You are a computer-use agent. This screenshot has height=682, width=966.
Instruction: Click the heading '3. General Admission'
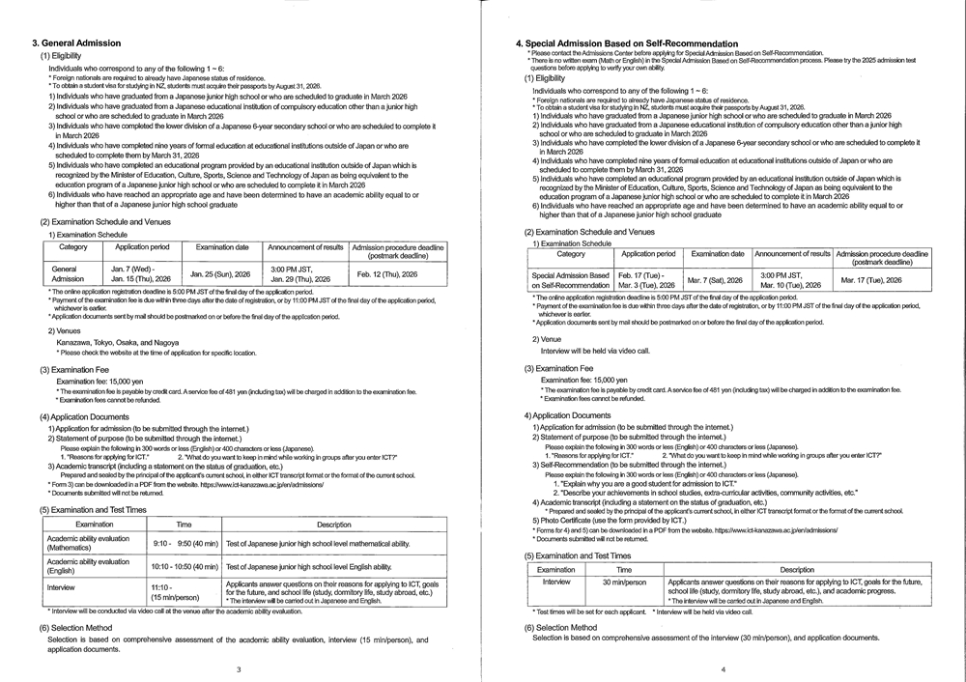(76, 43)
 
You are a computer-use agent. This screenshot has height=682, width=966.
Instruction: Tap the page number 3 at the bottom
(239, 668)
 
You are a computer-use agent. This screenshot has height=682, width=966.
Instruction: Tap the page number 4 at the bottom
(723, 668)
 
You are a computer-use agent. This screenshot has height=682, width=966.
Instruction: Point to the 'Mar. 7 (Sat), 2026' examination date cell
(716, 279)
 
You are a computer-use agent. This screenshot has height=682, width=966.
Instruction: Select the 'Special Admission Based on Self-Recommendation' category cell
(571, 279)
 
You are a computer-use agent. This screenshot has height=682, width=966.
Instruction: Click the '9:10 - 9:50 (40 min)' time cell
(185, 544)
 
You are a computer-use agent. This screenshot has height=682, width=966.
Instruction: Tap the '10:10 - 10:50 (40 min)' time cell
(185, 567)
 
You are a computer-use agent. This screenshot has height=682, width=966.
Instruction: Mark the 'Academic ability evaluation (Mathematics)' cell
(89, 544)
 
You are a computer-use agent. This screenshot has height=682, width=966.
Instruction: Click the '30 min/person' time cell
(624, 583)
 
